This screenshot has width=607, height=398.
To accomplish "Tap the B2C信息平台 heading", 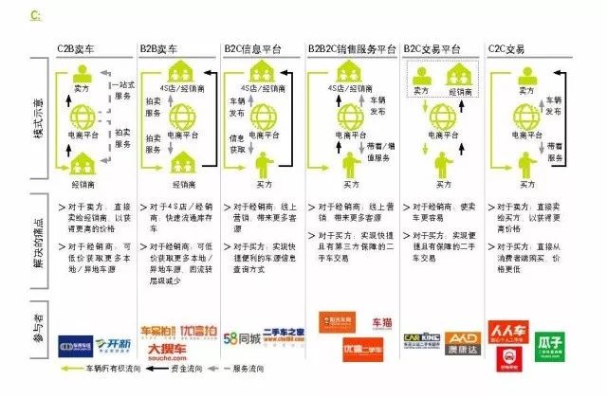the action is (x=252, y=46).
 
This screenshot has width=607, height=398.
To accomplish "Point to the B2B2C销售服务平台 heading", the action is (x=351, y=46).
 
